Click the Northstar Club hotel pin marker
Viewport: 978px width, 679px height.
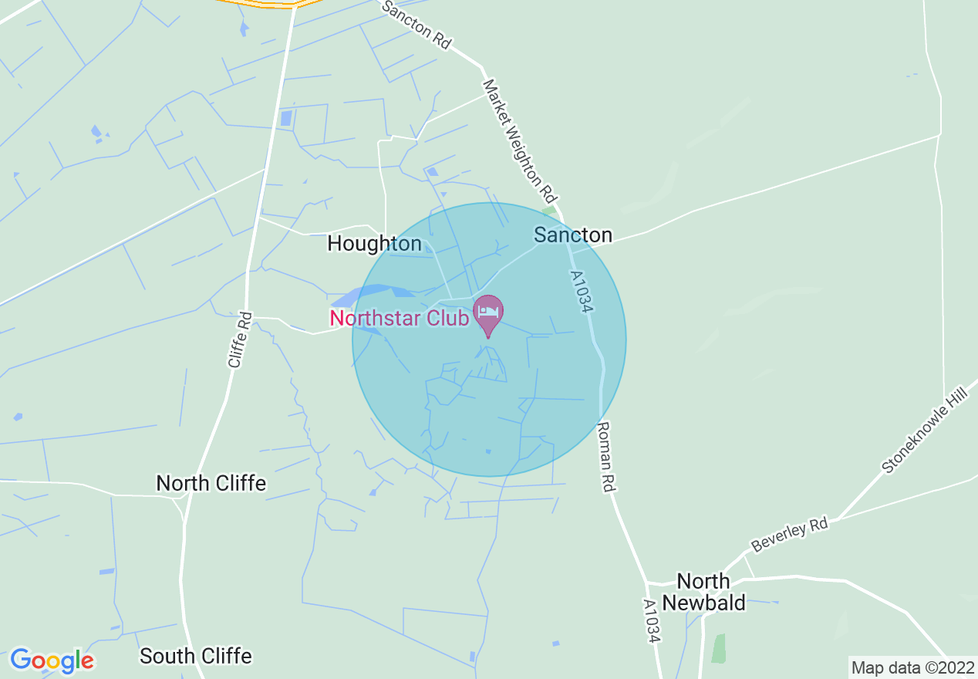(487, 313)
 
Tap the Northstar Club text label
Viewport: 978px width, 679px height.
(399, 318)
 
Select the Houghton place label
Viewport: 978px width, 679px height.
(374, 244)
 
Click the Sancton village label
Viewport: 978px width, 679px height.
(573, 235)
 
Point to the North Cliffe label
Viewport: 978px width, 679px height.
(211, 483)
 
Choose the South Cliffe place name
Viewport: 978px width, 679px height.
(195, 656)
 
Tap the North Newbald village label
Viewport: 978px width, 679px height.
(703, 592)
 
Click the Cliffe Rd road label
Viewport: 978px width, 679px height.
(240, 339)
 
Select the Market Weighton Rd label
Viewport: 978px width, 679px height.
(520, 138)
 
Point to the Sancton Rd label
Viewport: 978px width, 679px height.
(416, 25)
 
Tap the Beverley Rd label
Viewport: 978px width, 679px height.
(789, 535)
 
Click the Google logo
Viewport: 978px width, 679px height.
(52, 660)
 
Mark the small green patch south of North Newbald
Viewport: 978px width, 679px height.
(719, 648)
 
